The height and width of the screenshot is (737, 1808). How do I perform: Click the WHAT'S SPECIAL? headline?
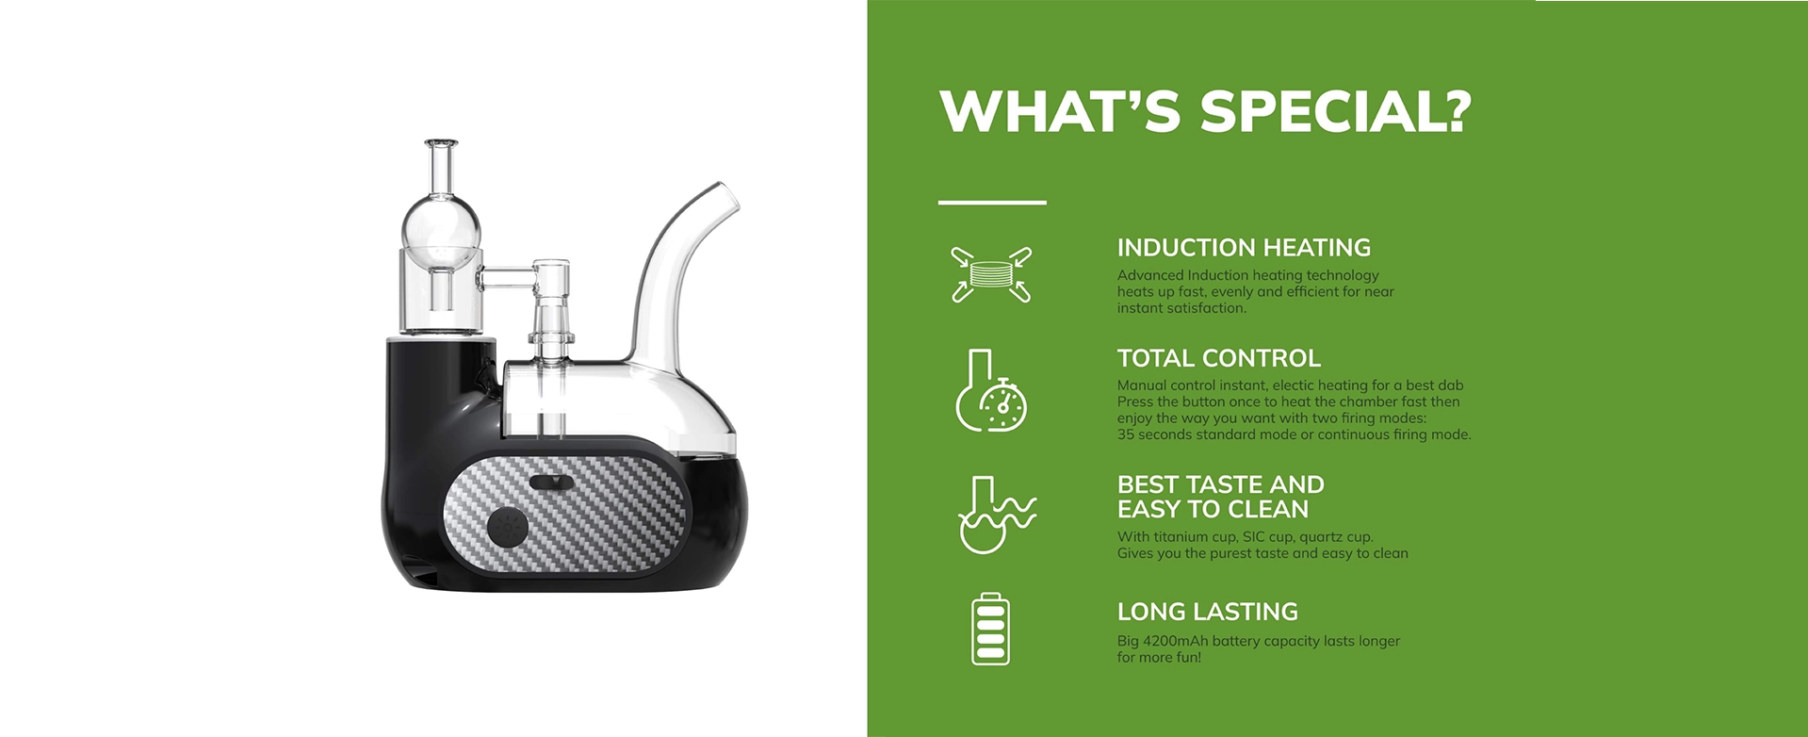point(1205,111)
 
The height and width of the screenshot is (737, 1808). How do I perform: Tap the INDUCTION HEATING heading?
point(1244,248)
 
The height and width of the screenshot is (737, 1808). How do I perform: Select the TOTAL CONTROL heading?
point(1219,358)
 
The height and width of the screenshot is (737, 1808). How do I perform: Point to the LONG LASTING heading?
point(1208,612)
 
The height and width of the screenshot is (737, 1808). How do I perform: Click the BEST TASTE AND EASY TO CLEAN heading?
point(1221,497)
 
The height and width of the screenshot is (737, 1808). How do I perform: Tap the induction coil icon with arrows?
point(991,274)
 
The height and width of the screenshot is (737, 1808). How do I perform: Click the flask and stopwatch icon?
point(991,390)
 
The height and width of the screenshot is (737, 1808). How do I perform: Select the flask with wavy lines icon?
point(995,515)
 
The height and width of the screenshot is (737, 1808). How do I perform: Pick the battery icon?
point(990,629)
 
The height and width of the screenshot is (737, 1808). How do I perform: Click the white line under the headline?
point(992,202)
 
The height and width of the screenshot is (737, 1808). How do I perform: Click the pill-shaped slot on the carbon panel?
point(551,483)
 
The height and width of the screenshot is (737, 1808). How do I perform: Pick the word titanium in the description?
point(1182,537)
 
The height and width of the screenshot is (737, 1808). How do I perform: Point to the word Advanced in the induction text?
point(1150,275)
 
